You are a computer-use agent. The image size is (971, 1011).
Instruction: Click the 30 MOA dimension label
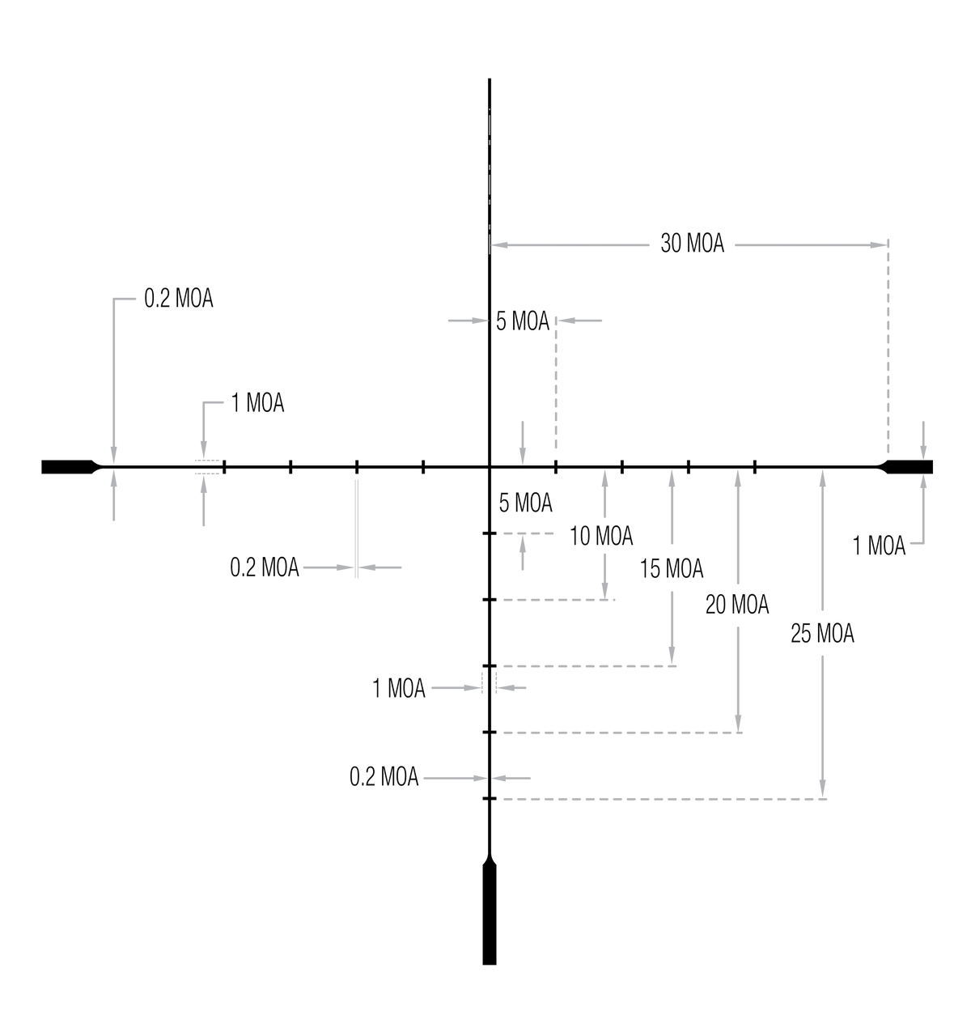(x=692, y=244)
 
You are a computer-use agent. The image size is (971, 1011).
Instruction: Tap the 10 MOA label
(x=601, y=536)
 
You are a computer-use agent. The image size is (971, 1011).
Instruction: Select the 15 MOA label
(x=672, y=568)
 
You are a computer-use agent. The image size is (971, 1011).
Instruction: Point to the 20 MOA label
(x=737, y=605)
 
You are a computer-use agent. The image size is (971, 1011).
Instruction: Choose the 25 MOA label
(x=822, y=634)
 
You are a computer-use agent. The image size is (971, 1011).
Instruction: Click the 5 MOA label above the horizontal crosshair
(x=523, y=321)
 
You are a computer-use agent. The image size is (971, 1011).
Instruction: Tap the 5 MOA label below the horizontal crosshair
(x=525, y=503)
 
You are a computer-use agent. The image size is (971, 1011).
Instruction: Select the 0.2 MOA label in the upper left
(x=179, y=298)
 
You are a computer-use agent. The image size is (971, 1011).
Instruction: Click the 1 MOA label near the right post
(x=879, y=546)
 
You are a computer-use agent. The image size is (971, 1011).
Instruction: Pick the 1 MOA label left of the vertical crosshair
(x=399, y=688)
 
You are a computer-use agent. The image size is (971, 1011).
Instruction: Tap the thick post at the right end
(x=905, y=467)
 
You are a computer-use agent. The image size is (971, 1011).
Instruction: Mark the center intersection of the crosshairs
(x=489, y=467)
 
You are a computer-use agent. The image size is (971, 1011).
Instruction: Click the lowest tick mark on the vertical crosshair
(x=489, y=798)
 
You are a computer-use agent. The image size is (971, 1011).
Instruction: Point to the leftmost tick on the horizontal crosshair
(x=224, y=467)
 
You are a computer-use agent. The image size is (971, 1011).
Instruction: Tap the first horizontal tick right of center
(x=556, y=467)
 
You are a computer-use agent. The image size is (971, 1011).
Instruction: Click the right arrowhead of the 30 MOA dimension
(x=878, y=244)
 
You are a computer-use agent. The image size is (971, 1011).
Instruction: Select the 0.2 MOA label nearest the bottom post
(x=384, y=777)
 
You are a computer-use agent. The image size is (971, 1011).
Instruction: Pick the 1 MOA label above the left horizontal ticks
(x=257, y=402)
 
